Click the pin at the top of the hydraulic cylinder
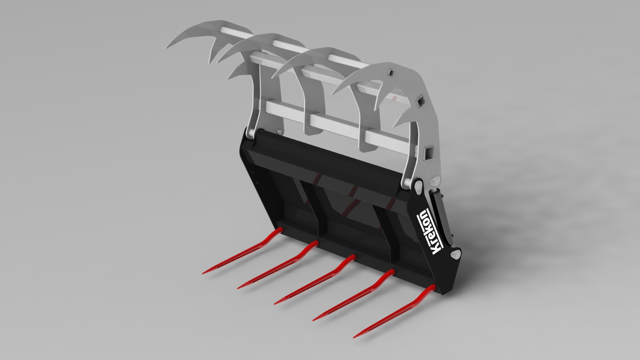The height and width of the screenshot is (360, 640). pyautogui.click(x=435, y=182)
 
